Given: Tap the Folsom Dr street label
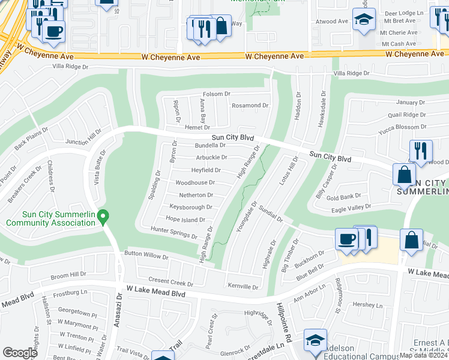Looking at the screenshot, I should click(217, 94).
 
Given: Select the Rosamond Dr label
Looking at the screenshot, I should click(250, 106).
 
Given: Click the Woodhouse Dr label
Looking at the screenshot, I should click(195, 182).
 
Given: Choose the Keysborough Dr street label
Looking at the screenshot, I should click(191, 207).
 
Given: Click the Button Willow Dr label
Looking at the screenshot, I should click(146, 255).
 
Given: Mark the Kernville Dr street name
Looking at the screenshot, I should click(243, 287).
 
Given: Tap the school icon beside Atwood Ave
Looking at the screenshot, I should click(364, 20).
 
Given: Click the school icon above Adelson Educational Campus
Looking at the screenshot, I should click(315, 340).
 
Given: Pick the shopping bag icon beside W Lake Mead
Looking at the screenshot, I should click(412, 239).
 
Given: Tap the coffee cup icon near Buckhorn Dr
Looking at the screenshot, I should click(347, 239).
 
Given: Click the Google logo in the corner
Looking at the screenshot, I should click(20, 352).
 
